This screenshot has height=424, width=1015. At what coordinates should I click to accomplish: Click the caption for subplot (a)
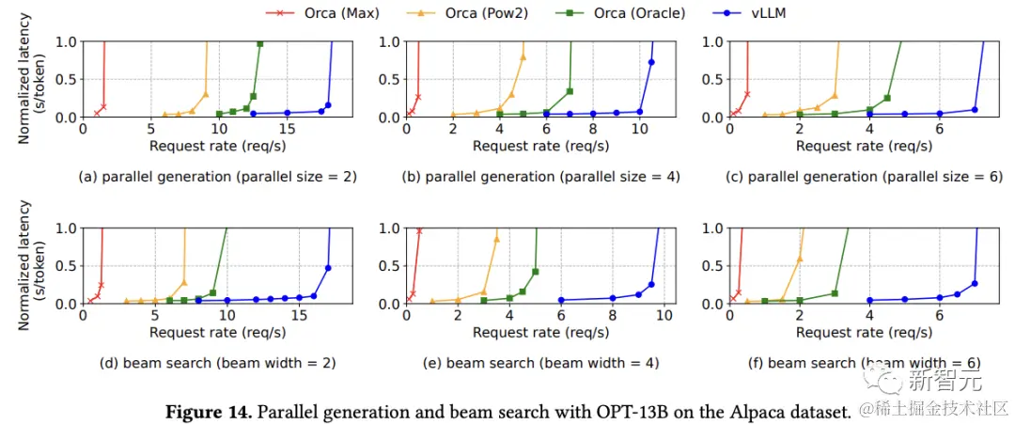pyautogui.click(x=217, y=177)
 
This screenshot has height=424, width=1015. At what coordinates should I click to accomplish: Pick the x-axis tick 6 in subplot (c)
pyautogui.click(x=939, y=130)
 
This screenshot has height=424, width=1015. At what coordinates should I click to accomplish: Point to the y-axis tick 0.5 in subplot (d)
pyautogui.click(x=67, y=266)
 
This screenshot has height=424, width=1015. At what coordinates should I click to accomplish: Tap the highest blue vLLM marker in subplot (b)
pyautogui.click(x=651, y=62)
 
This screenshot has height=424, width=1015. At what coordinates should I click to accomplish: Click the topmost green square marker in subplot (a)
pyautogui.click(x=260, y=44)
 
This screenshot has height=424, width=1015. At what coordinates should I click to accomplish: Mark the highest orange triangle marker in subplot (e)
pyautogui.click(x=496, y=239)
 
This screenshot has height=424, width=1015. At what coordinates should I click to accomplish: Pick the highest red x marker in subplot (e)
pyautogui.click(x=419, y=230)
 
